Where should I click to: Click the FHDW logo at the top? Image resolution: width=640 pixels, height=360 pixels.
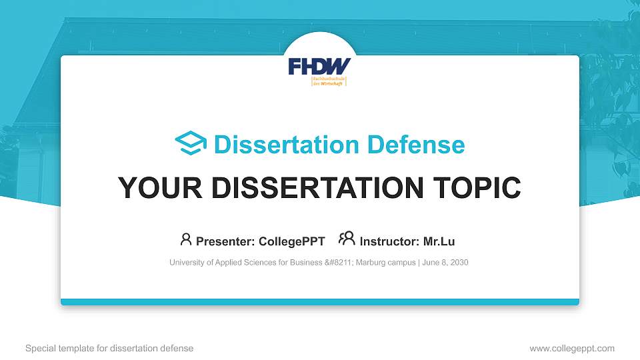(319, 67)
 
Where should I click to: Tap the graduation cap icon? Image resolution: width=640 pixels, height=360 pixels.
(191, 144)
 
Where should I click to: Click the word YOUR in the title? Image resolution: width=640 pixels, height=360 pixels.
(149, 188)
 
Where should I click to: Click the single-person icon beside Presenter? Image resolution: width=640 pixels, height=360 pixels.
(186, 239)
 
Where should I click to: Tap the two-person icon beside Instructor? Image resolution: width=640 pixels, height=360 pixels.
(347, 239)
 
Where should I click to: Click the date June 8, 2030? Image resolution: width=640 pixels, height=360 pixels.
(446, 263)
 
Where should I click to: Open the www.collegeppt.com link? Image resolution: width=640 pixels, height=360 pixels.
(572, 348)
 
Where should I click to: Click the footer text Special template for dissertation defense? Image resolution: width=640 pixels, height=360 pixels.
(109, 348)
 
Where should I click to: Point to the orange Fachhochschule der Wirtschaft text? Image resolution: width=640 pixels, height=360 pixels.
(329, 81)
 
